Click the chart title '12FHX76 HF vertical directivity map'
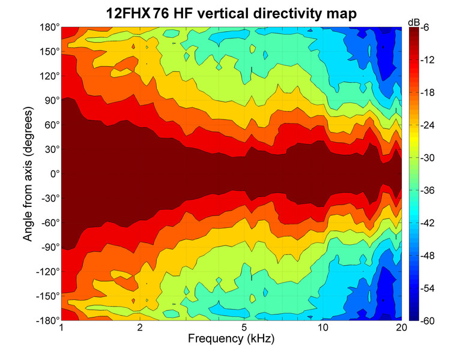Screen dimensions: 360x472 pyautogui.click(x=231, y=12)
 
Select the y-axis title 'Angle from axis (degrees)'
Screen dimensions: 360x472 pyautogui.click(x=28, y=175)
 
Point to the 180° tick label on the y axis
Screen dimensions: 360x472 pyautogui.click(x=50, y=28)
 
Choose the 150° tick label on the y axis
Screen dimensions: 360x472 pyautogui.click(x=50, y=52)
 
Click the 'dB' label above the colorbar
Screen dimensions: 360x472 pyautogui.click(x=414, y=22)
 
